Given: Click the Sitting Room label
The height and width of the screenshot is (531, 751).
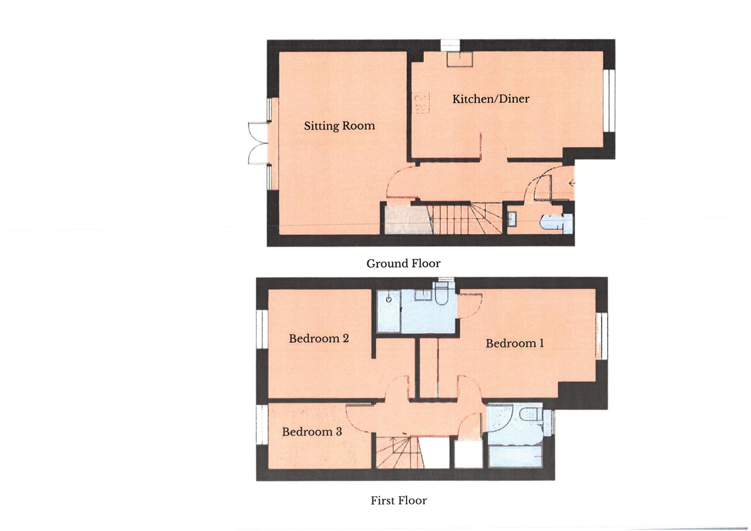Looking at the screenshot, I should pyautogui.click(x=339, y=126).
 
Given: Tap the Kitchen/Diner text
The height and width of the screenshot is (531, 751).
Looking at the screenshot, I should pyautogui.click(x=490, y=99).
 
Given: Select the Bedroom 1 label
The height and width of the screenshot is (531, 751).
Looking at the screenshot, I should pyautogui.click(x=514, y=343).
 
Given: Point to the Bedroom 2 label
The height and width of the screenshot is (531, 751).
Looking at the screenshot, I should pyautogui.click(x=319, y=338).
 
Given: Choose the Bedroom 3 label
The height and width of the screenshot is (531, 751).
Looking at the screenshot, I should pyautogui.click(x=312, y=432).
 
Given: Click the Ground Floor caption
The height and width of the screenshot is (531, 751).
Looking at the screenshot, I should pyautogui.click(x=403, y=264).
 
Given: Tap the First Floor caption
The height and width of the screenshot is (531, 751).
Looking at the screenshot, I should pyautogui.click(x=398, y=501).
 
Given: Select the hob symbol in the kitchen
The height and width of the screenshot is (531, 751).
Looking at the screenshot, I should pyautogui.click(x=421, y=103).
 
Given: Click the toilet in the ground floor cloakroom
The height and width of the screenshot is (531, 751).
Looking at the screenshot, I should pyautogui.click(x=551, y=222).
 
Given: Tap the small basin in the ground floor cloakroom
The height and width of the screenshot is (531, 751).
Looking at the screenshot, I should pyautogui.click(x=512, y=218).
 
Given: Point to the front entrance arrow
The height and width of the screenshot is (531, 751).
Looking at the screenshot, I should pyautogui.click(x=572, y=184).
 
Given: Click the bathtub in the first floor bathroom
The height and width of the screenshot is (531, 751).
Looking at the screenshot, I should pyautogui.click(x=515, y=455).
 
